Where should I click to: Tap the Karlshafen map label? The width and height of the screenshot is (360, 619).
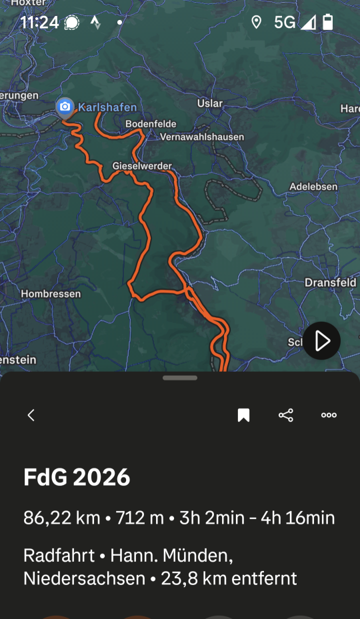click(107, 107)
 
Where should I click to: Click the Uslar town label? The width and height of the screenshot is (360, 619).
click(210, 103)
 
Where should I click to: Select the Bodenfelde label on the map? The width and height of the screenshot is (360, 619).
click(149, 124)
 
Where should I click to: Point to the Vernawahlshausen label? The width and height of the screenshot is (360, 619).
click(202, 137)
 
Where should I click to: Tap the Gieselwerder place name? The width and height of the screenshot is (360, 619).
click(142, 166)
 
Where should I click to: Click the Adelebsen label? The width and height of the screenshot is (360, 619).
click(313, 187)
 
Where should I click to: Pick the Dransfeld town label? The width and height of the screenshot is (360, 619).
click(330, 283)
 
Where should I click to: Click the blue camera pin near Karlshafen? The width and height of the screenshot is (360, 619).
click(65, 107)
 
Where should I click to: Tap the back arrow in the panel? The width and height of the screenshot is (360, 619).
click(31, 415)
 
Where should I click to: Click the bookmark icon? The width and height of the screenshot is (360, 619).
click(243, 416)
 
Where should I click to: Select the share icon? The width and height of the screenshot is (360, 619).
click(286, 415)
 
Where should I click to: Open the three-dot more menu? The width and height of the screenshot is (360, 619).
click(329, 415)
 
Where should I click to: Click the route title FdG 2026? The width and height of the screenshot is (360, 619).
click(77, 477)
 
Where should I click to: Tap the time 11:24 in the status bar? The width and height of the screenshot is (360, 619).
click(39, 23)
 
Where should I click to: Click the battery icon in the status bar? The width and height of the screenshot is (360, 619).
click(327, 23)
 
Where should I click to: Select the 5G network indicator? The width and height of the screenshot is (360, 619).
click(285, 23)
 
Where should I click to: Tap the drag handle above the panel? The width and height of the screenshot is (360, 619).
click(180, 378)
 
